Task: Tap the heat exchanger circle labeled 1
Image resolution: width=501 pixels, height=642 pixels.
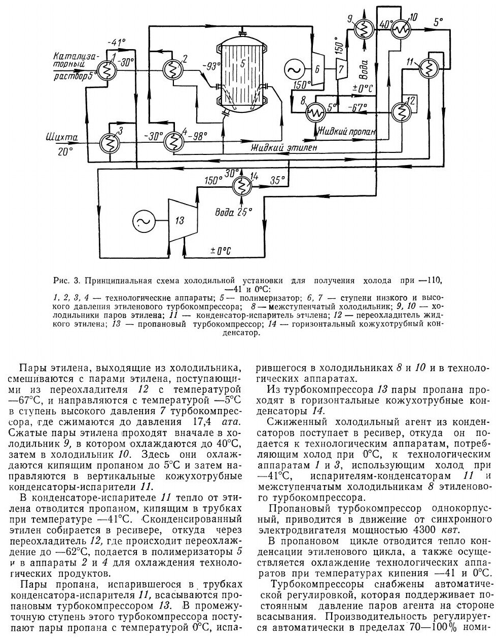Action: pos(107,72)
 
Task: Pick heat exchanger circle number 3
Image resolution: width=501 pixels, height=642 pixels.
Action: pos(108,143)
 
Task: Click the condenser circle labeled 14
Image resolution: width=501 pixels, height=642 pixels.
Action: pos(239,187)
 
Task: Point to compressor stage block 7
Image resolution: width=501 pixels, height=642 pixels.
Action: pos(341,69)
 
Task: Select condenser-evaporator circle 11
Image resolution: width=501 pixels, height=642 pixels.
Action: pos(429,70)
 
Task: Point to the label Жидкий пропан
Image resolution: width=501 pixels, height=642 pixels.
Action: pos(347,131)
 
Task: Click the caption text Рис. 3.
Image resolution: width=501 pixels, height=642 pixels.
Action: pos(71,280)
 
